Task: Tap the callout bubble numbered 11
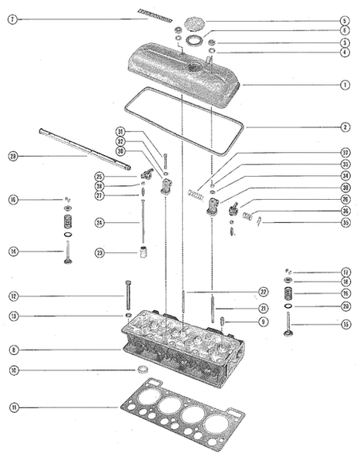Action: (13, 407)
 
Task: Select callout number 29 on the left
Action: (13, 157)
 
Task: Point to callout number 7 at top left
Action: (13, 19)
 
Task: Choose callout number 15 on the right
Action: (344, 323)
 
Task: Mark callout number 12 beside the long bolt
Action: (13, 296)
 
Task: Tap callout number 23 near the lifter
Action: (100, 252)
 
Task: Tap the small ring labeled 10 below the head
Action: (143, 371)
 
